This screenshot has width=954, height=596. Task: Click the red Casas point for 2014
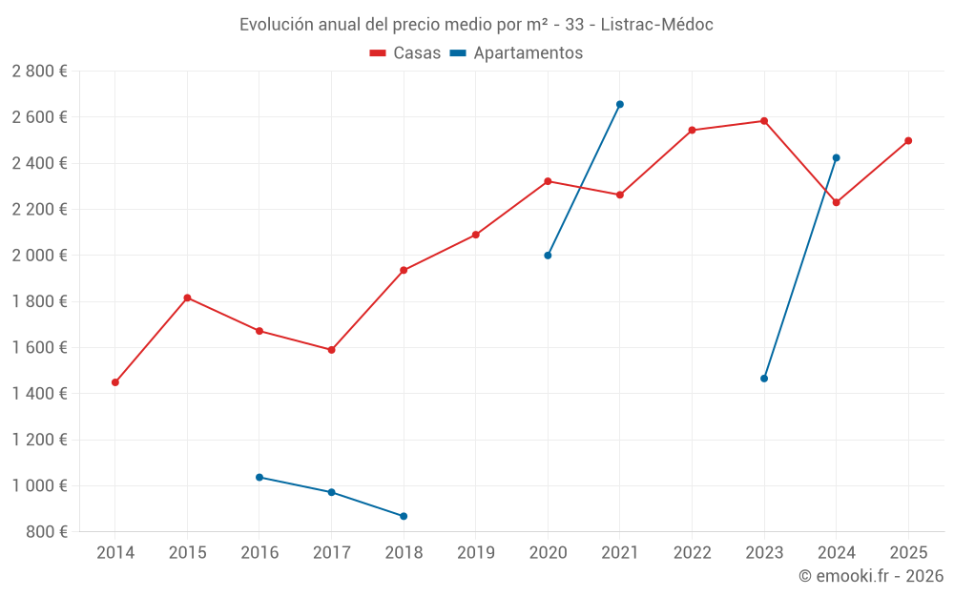point(115,382)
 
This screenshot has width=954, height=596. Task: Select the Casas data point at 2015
point(187,298)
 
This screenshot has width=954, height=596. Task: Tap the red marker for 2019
point(476,235)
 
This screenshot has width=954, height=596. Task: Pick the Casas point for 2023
point(764,121)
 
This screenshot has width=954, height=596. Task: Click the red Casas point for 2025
point(908,141)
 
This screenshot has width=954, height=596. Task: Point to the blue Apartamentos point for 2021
point(620,104)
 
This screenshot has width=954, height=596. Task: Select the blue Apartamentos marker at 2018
point(404,516)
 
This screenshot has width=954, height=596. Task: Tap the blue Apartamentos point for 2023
point(764,379)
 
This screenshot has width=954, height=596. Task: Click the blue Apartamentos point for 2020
point(548,256)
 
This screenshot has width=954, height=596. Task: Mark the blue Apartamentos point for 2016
point(259,477)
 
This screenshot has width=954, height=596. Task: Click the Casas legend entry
point(405,53)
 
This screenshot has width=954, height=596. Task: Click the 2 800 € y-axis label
point(40,72)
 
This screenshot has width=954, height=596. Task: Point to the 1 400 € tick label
point(40,394)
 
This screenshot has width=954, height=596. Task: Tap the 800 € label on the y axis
point(46,532)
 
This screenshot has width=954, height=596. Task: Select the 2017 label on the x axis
point(331,552)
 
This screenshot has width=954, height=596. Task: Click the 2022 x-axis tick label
point(692,552)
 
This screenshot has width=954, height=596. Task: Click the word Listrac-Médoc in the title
point(657,25)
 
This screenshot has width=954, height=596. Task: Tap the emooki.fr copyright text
point(871,576)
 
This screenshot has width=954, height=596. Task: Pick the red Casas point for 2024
point(837,202)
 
